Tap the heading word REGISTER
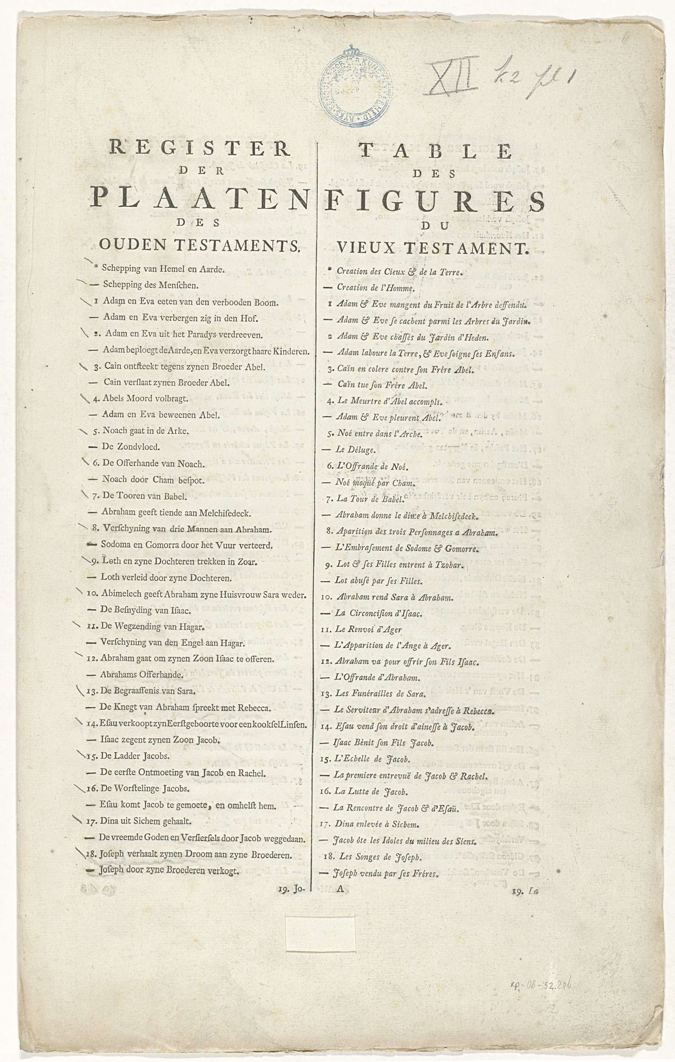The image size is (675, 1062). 199,148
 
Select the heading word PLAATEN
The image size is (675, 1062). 199,197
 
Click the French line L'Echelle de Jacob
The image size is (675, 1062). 366,759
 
